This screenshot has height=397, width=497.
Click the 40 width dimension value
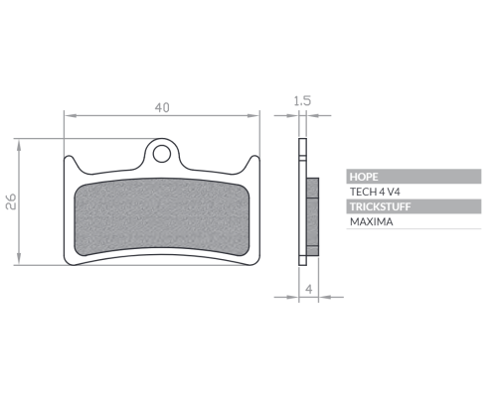(162, 107)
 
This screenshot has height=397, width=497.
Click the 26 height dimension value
(11, 201)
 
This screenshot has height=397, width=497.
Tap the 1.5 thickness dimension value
(302, 100)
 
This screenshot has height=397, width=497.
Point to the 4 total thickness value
(309, 289)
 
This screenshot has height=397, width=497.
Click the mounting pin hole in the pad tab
(162, 154)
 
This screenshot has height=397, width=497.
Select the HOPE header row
(414, 177)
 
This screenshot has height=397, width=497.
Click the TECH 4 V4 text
(375, 192)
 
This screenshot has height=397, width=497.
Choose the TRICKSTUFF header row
(414, 206)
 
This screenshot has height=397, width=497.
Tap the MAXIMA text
(372, 221)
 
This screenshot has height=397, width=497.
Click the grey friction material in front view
(161, 217)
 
